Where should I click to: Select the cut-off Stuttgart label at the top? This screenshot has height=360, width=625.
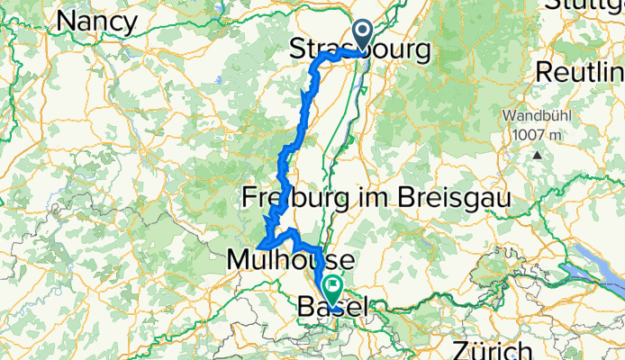pyautogui.click(x=585, y=4)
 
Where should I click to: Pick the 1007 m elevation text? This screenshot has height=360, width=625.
pyautogui.click(x=536, y=134)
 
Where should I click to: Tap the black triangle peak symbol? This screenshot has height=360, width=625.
pyautogui.click(x=537, y=154)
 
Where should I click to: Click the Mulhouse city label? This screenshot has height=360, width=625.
pyautogui.click(x=288, y=260)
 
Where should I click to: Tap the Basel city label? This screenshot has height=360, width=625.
pyautogui.click(x=331, y=307)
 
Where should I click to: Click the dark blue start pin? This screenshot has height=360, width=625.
pyautogui.click(x=363, y=37)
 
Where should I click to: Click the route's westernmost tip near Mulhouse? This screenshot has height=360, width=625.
pyautogui.click(x=259, y=245)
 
